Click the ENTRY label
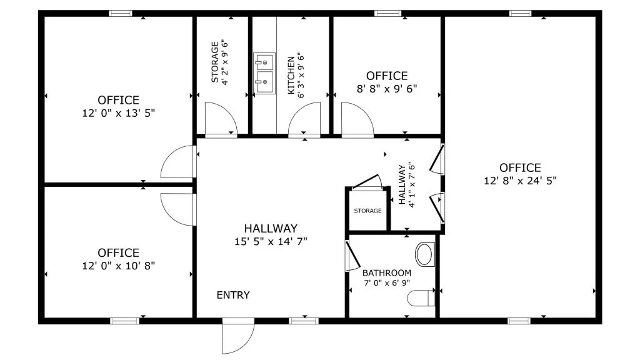point(233,295)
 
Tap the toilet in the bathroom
point(421,298)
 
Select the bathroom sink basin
point(425,254)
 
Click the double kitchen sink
point(264,73)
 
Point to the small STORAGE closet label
point(367,211)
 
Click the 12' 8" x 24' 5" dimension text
point(520,181)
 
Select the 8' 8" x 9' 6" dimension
point(387,89)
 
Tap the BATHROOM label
point(386,273)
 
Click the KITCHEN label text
point(291,76)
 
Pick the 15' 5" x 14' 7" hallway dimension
point(271,241)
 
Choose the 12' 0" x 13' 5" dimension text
point(118,113)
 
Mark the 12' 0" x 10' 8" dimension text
point(118,266)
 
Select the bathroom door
point(352,256)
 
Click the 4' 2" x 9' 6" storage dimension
point(225,62)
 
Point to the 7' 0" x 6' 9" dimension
point(386,283)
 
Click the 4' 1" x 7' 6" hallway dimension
point(411,185)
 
